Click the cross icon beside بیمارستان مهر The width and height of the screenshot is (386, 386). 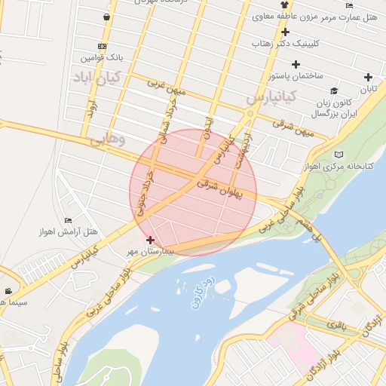[x=149, y=240]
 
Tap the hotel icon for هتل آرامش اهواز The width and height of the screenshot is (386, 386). [x=69, y=219]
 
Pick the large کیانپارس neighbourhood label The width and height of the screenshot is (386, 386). [x=273, y=97]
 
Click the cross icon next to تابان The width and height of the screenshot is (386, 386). [x=368, y=77]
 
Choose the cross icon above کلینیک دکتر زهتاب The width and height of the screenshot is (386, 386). [x=285, y=32]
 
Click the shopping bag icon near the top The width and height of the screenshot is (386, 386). [x=108, y=17]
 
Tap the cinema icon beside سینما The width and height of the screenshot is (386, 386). [x=8, y=291]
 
